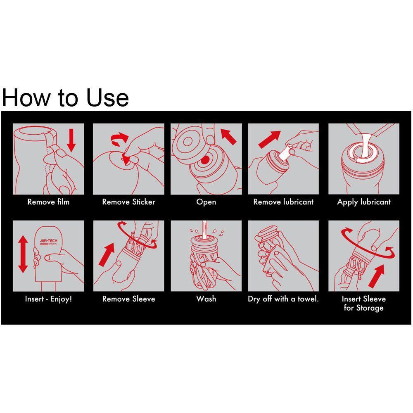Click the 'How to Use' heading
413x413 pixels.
[65, 98]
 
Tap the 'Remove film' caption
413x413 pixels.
[48, 202]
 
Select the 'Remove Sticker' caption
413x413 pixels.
[128, 202]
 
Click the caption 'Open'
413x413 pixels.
[206, 202]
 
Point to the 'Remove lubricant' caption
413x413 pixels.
[283, 202]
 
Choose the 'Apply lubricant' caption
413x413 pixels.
[364, 202]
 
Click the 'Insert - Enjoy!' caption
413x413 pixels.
[48, 299]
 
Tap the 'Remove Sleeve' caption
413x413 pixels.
[128, 299]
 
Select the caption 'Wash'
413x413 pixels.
[206, 299]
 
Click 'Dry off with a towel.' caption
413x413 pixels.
[283, 299]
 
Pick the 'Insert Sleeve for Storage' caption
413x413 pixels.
[364, 303]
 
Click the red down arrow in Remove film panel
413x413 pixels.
[71, 140]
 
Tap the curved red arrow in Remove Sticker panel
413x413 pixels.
[119, 139]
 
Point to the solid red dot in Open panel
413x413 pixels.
[205, 160]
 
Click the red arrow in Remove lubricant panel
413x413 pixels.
[269, 139]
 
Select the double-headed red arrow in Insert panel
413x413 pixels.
[23, 254]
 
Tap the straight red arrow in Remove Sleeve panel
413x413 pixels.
[107, 254]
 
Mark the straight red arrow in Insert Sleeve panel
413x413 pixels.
[377, 276]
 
